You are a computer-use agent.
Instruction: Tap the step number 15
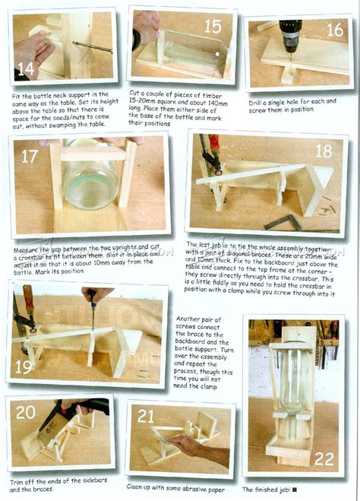pyautogui.click(x=213, y=27)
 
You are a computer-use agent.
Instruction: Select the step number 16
pyautogui.click(x=334, y=30)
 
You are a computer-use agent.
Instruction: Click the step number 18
pyautogui.click(x=324, y=151)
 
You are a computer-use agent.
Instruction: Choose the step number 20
pyautogui.click(x=26, y=412)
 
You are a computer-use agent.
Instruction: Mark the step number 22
pyautogui.click(x=324, y=459)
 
